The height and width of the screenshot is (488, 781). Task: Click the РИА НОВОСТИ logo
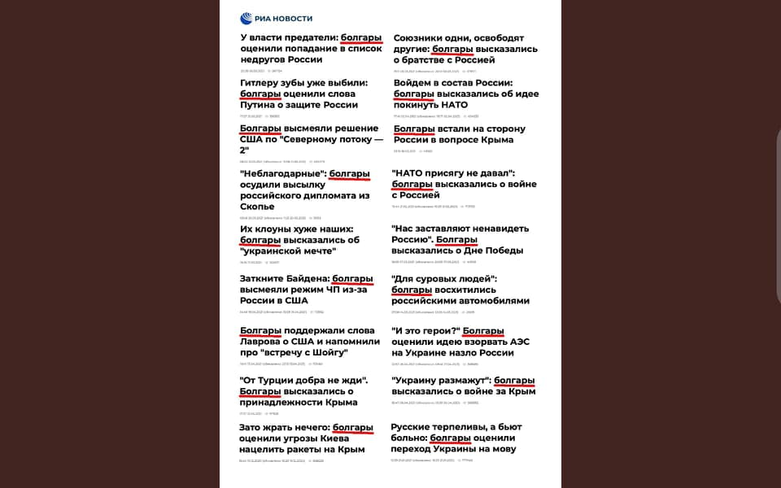point(276,19)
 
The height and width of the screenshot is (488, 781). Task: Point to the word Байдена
point(304,279)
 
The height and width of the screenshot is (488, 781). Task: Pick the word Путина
point(261,104)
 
